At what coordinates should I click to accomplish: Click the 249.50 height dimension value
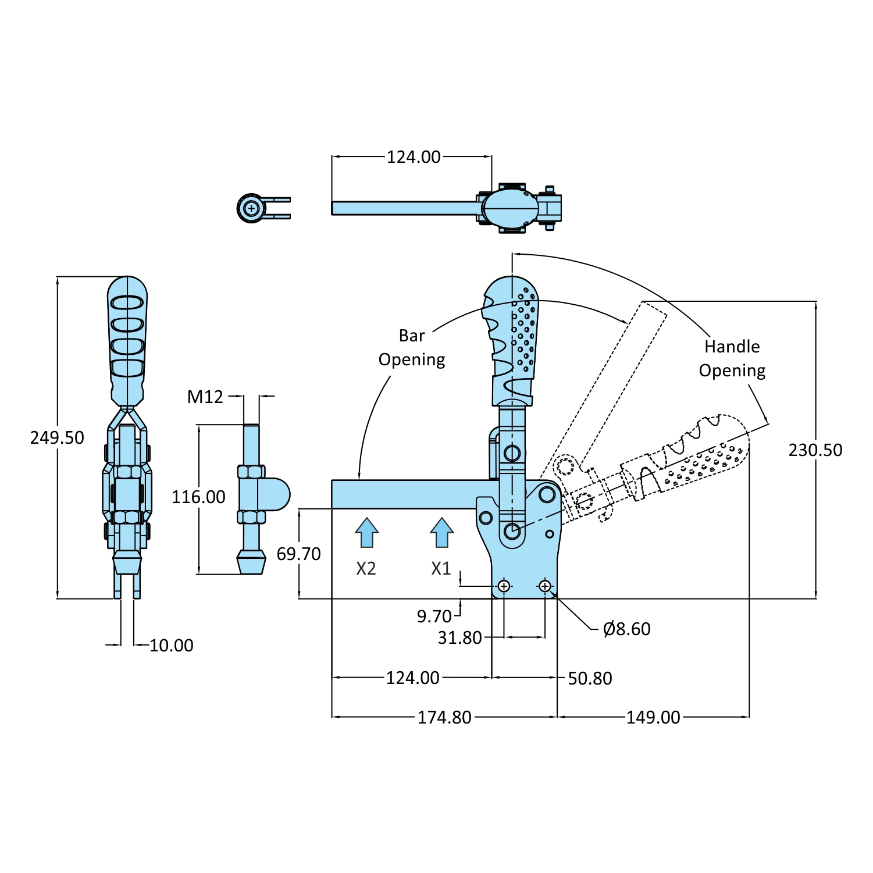(57, 437)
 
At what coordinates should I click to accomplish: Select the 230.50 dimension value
(815, 450)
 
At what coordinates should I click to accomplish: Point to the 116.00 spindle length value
(198, 497)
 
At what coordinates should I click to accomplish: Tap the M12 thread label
(205, 397)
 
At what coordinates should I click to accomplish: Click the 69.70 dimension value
(298, 554)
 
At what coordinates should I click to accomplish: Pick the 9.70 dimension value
(434, 616)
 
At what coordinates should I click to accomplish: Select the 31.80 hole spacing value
(460, 637)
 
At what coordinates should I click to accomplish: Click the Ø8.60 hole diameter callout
(627, 629)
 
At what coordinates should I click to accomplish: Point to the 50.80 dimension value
(590, 678)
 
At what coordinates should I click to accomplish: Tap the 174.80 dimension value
(444, 717)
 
